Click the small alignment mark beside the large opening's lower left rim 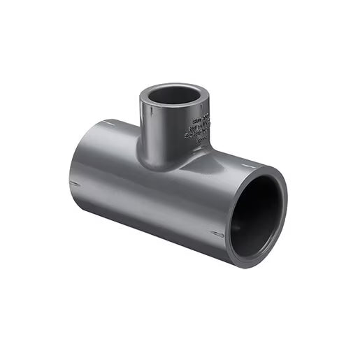point(217,234)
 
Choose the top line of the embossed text point(201,114)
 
